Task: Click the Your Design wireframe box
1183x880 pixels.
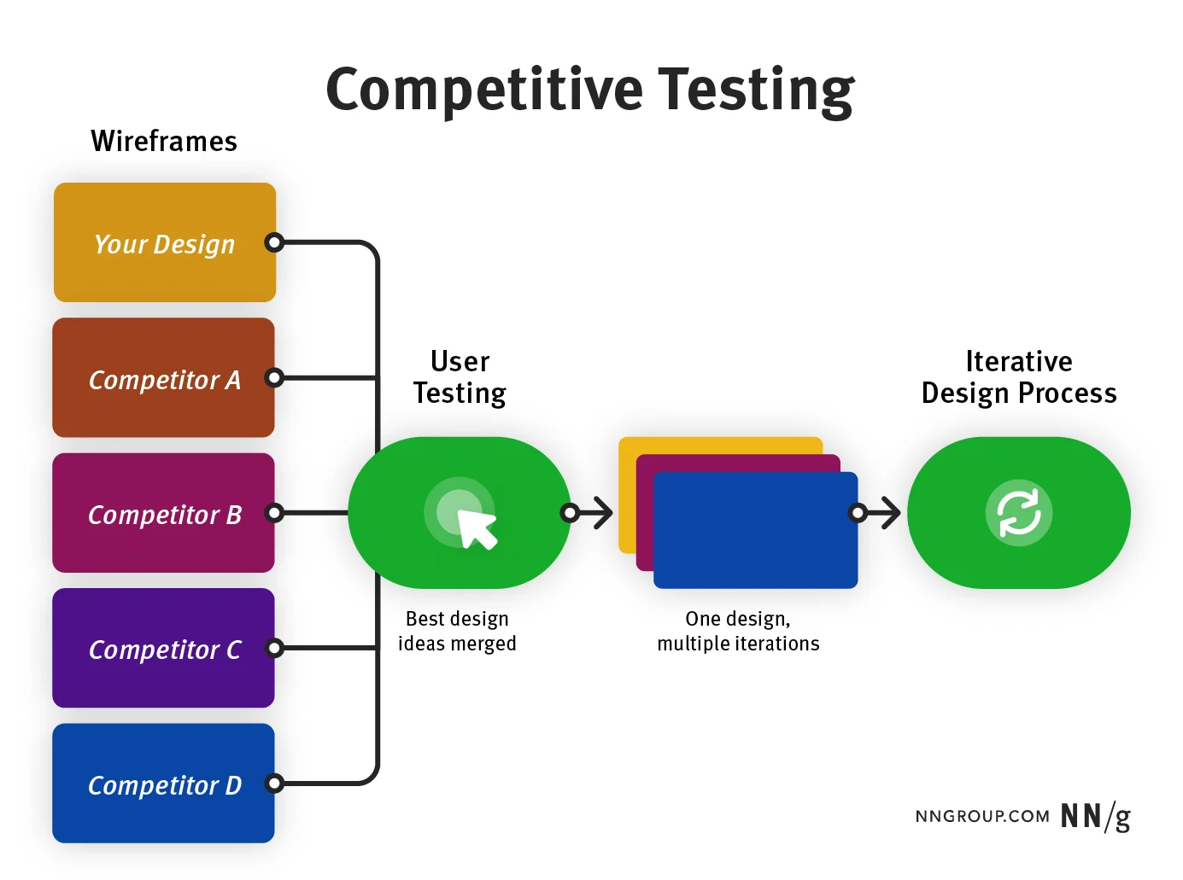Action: click(164, 242)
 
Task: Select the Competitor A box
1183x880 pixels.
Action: click(163, 378)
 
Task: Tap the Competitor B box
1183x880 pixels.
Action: click(163, 513)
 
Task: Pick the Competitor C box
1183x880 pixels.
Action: click(163, 648)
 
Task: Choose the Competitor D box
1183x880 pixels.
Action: click(163, 784)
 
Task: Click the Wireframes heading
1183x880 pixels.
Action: click(164, 141)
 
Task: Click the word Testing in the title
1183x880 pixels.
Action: click(755, 90)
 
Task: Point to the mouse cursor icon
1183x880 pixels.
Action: click(476, 527)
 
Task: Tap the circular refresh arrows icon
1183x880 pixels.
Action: click(1018, 513)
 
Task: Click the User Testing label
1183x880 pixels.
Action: click(460, 376)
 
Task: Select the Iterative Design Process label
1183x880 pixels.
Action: click(1018, 376)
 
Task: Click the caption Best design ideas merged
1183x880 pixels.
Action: click(457, 631)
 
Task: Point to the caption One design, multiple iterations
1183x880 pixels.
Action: click(738, 631)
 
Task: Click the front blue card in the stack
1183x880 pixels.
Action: click(754, 530)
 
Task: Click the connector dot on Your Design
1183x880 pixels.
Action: click(273, 242)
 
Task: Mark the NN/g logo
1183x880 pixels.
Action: click(1095, 817)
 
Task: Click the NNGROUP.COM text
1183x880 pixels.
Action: click(982, 817)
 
